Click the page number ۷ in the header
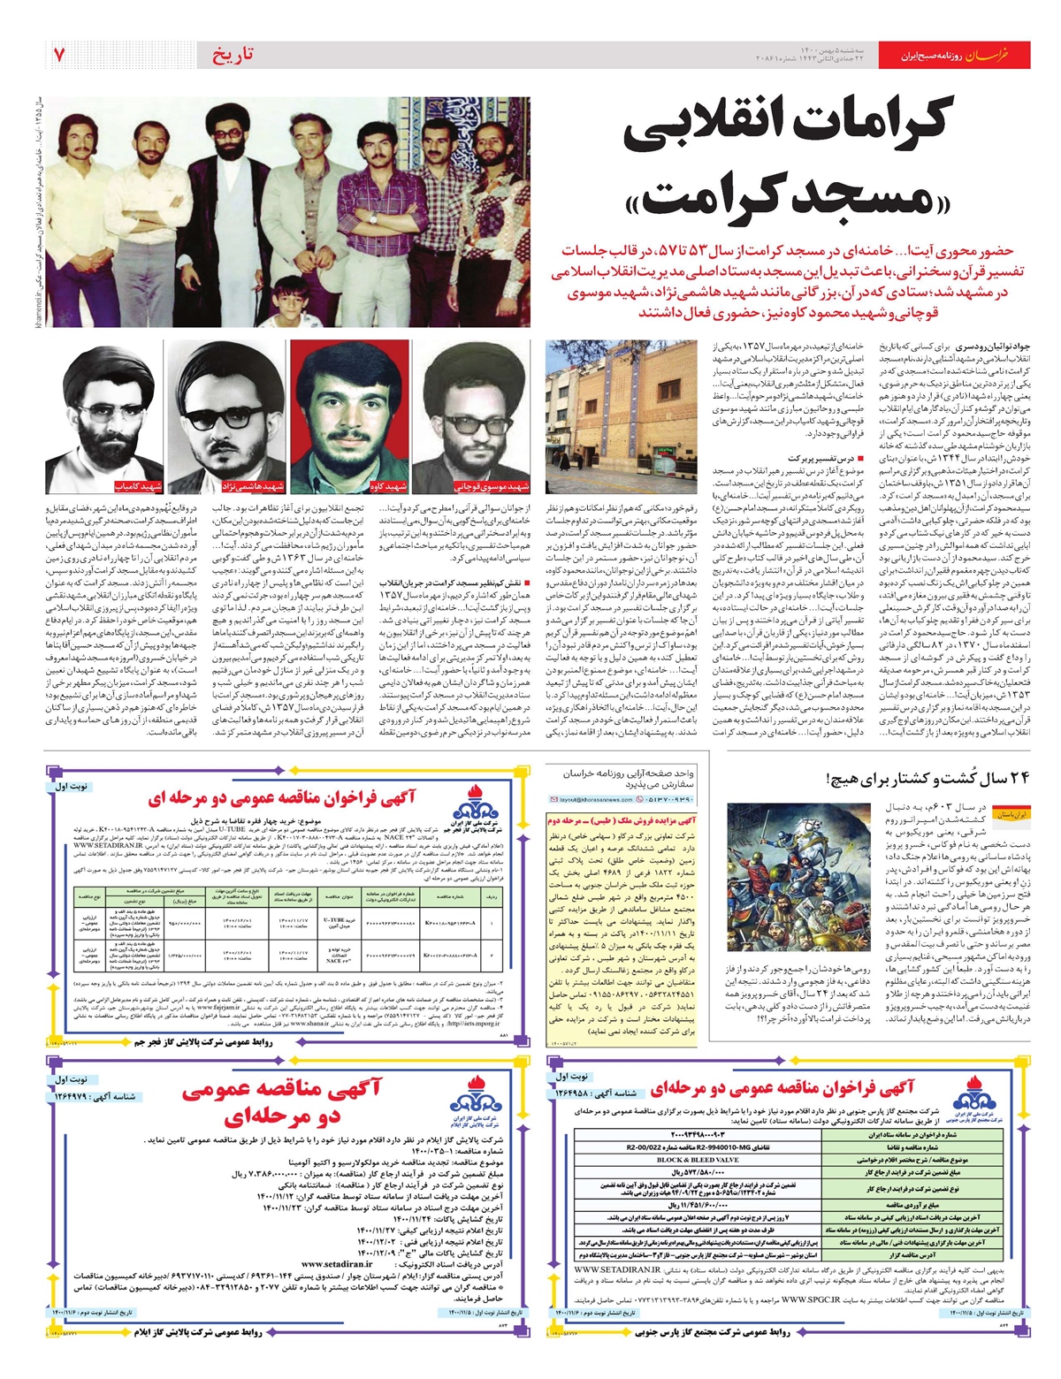[59, 55]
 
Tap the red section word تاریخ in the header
[233, 55]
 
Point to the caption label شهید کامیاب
[137, 487]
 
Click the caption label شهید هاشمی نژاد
[253, 487]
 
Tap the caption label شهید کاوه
[389, 487]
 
